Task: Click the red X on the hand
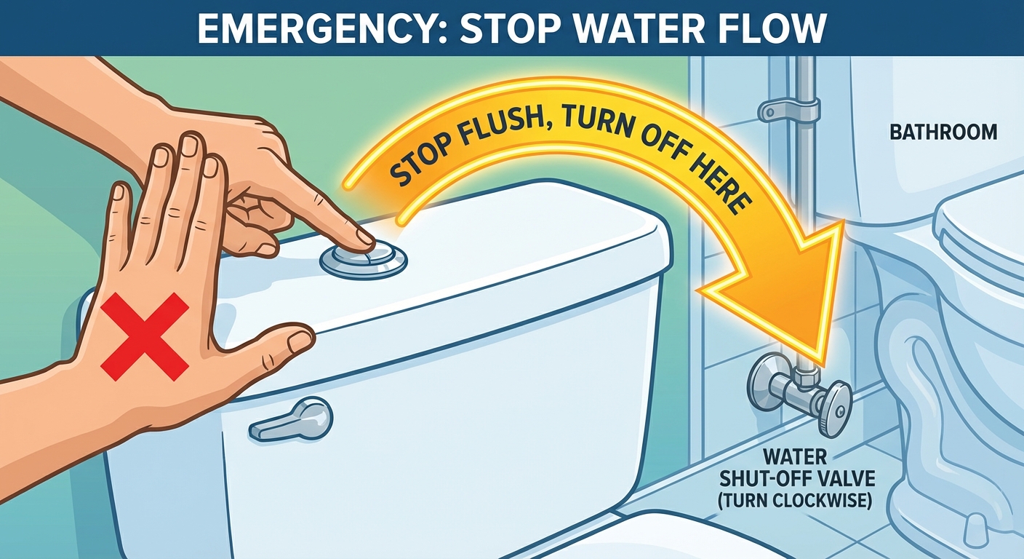pyautogui.click(x=145, y=337)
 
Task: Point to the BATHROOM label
pyautogui.click(x=943, y=132)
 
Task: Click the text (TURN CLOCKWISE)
pyautogui.click(x=794, y=499)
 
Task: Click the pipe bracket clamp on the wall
pyautogui.click(x=787, y=109)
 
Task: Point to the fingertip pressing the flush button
pyautogui.click(x=366, y=240)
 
